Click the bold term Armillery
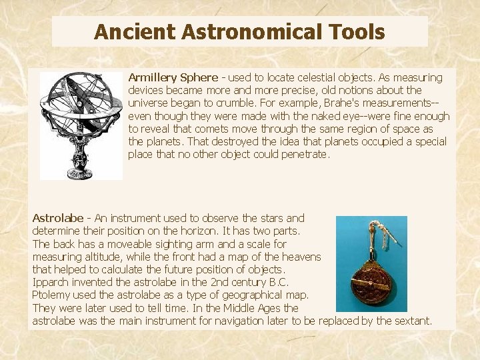point(151,77)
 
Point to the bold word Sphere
point(199,77)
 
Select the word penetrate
point(303,155)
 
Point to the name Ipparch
point(51,282)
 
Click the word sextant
point(413,321)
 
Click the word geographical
point(247,295)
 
